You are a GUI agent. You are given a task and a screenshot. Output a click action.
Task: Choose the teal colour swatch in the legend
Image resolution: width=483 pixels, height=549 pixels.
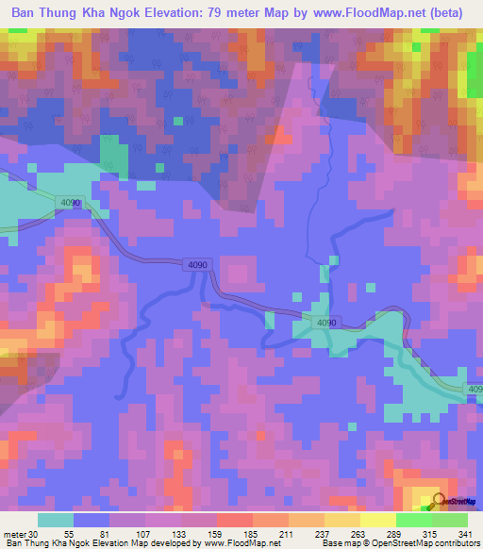click(56, 521)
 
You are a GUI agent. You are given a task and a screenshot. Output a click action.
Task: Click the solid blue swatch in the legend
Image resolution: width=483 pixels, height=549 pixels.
click(92, 521)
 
